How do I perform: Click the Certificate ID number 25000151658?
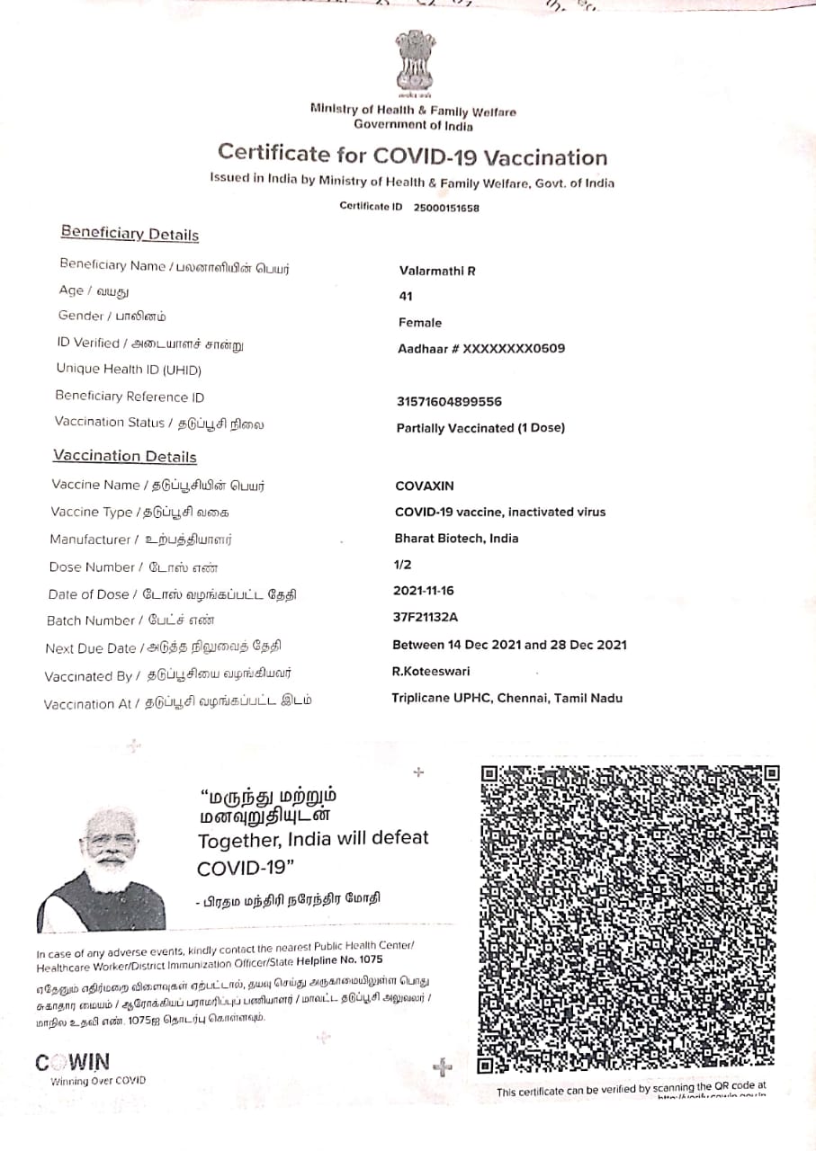click(446, 208)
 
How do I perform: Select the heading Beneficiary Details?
click(130, 234)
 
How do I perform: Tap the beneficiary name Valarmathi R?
click(437, 271)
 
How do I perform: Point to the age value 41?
click(406, 296)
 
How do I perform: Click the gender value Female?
click(420, 323)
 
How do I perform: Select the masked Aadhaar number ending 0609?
click(481, 348)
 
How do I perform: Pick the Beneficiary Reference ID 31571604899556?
click(449, 402)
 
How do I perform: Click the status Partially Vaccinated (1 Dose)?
click(480, 428)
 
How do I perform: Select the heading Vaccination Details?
click(124, 456)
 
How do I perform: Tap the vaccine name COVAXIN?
click(425, 486)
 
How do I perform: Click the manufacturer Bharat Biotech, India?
click(456, 539)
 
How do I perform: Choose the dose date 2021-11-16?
click(425, 591)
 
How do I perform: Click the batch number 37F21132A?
click(426, 617)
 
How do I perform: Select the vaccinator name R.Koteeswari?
click(430, 671)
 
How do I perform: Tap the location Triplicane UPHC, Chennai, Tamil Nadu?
click(507, 698)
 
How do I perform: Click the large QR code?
click(629, 918)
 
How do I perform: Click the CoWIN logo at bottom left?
click(73, 1063)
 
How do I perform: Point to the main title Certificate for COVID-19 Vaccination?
click(412, 157)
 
